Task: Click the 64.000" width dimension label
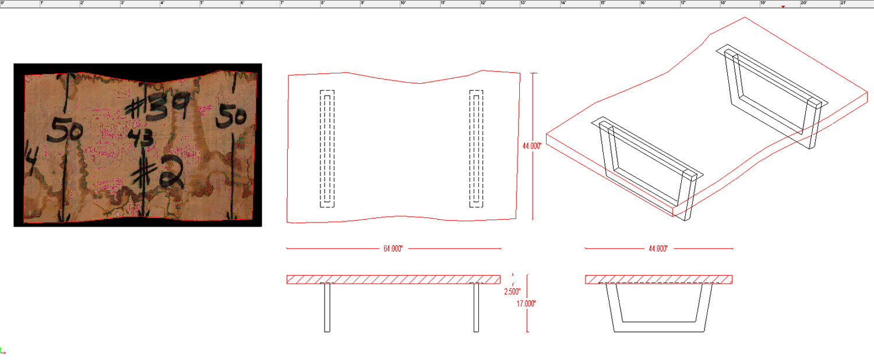coord(393,249)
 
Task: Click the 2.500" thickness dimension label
coord(512,291)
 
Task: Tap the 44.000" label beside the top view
coord(532,146)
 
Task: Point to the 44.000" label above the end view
coord(658,249)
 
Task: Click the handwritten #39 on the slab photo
coord(157,108)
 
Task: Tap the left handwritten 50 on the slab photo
coord(65,129)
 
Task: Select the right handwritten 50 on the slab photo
coord(232,118)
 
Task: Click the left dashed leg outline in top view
coord(327,149)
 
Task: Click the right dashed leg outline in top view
coord(477,149)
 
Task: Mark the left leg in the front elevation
coord(327,308)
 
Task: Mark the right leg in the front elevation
coord(476,308)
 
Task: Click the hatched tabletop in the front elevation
coord(393,279)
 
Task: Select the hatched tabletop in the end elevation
coord(658,279)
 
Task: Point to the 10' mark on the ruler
coord(403,3)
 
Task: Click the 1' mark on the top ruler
coord(42,3)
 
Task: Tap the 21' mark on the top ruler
coord(843,3)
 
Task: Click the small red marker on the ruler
coord(783,7)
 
